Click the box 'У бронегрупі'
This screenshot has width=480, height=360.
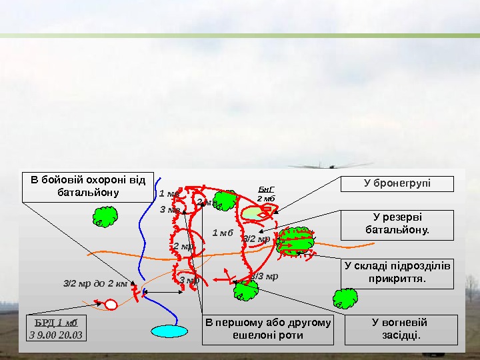tap(397, 183)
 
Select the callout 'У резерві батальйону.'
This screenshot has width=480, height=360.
tap(397, 225)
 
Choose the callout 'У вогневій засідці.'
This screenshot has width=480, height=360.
tap(401, 329)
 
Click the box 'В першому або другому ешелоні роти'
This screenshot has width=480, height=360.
tap(268, 329)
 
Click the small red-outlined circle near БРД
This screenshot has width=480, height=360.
tap(111, 305)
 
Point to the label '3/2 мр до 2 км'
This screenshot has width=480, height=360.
tap(95, 283)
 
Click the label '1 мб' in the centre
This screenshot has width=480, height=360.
tap(222, 233)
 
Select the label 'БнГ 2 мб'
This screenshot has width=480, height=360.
tap(266, 194)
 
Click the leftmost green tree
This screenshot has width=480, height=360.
tap(105, 217)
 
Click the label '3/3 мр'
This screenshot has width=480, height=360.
tap(265, 276)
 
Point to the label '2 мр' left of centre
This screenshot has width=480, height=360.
tap(183, 247)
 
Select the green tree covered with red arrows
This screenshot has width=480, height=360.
tap(295, 241)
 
